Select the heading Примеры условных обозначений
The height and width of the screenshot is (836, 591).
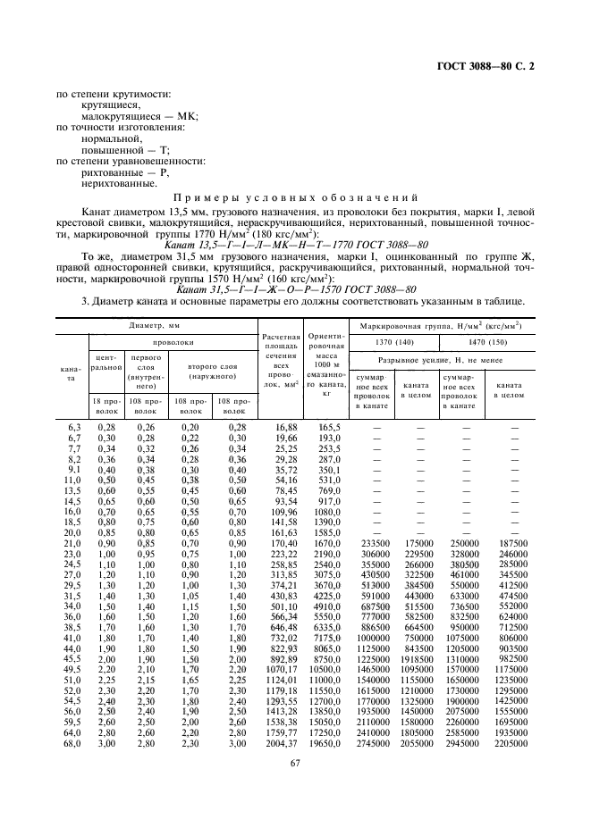tap(295, 196)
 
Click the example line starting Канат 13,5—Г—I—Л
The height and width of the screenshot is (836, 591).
tap(295, 243)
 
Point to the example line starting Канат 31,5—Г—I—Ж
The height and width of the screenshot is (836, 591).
tap(295, 288)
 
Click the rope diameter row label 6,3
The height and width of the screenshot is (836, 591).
tap(75, 428)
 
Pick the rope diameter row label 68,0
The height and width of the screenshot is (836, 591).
tap(72, 742)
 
